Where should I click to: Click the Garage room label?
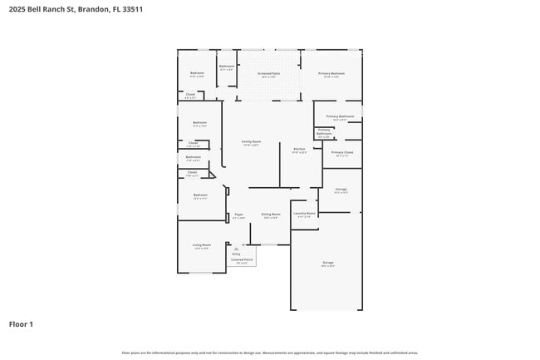328,263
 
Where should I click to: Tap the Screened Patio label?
268,74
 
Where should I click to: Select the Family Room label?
251,141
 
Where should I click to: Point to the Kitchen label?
299,150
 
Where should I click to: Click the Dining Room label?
270,215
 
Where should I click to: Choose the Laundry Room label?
305,214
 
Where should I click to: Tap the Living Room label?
201,245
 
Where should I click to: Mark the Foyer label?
238,215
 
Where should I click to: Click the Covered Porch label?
242,259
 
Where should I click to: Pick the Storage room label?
341,190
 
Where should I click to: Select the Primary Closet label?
342,153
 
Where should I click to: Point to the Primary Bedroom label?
331,74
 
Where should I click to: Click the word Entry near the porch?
236,254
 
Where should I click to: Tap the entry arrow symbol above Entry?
236,248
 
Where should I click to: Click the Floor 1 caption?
21,323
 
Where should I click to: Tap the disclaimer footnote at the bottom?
270,353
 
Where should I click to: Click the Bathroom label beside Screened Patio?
226,67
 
